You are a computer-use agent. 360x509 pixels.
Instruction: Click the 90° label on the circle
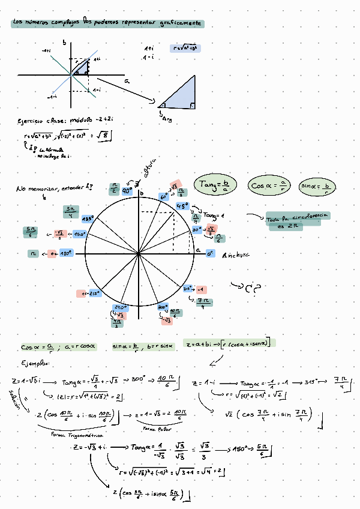[127, 190]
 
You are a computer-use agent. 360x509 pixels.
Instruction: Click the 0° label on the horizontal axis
[210, 254]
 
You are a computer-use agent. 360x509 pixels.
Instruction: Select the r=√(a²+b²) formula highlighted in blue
[185, 47]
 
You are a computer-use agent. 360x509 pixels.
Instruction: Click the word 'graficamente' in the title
[181, 23]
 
